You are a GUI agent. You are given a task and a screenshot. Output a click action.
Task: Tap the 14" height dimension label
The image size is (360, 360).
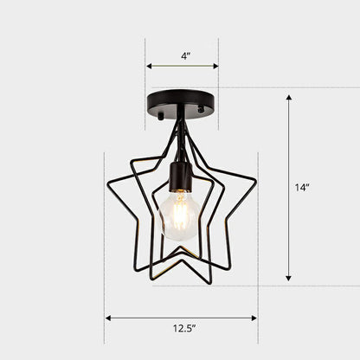(x=301, y=186)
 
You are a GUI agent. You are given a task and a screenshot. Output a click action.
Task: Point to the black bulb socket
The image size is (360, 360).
(x=180, y=176)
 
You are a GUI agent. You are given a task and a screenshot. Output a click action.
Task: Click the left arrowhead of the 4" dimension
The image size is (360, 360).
(x=149, y=66)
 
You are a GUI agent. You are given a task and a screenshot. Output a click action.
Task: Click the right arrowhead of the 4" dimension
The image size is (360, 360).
(x=215, y=66)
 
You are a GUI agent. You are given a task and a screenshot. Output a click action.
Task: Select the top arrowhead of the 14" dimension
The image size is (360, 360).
(x=289, y=97)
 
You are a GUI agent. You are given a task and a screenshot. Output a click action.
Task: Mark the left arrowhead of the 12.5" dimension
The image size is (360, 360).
(x=108, y=318)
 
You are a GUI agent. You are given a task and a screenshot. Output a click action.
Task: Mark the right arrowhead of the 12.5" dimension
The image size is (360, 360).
(x=254, y=318)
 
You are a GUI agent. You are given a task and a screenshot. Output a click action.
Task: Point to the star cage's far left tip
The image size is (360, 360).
(x=106, y=185)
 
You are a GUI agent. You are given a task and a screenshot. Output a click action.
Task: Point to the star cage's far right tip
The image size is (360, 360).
(x=256, y=181)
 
